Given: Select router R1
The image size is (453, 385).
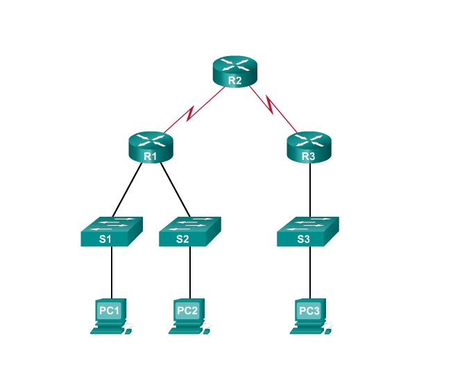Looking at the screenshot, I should tap(150, 146).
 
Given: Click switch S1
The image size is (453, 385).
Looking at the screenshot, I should tap(111, 231).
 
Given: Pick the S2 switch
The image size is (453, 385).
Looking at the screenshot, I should tap(189, 231).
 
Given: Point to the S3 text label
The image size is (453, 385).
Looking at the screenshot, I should tap(304, 240).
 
